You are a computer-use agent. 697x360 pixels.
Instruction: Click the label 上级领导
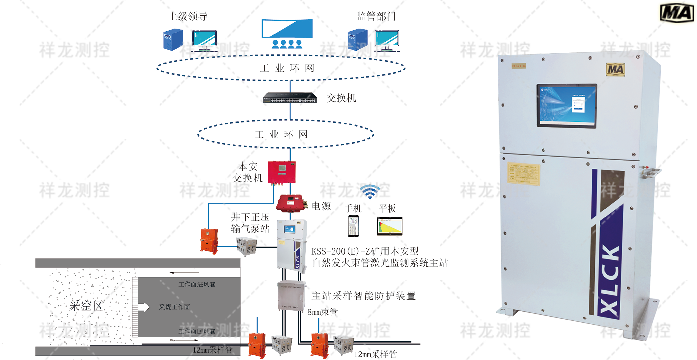(188, 16)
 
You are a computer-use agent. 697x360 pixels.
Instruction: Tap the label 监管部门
(376, 16)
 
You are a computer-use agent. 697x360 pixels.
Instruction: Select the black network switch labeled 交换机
(290, 97)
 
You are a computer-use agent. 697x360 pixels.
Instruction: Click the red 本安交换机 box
(282, 172)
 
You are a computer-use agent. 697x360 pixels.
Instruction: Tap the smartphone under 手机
(353, 226)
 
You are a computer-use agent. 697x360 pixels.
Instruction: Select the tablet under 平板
(390, 226)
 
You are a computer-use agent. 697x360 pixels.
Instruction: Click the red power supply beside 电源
(290, 203)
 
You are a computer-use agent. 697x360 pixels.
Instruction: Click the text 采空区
(86, 305)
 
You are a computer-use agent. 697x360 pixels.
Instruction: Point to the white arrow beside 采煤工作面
(144, 307)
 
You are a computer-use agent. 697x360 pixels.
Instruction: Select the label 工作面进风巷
(197, 284)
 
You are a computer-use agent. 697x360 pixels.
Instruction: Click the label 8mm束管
(323, 312)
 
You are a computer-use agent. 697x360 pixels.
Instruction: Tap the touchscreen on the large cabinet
(566, 105)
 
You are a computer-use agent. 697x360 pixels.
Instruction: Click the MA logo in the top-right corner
(676, 13)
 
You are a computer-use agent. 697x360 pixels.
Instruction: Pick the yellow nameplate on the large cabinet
(523, 173)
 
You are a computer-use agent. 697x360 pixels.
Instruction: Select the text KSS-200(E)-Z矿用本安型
(365, 251)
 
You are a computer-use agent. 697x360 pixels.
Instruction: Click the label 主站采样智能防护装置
(364, 296)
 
